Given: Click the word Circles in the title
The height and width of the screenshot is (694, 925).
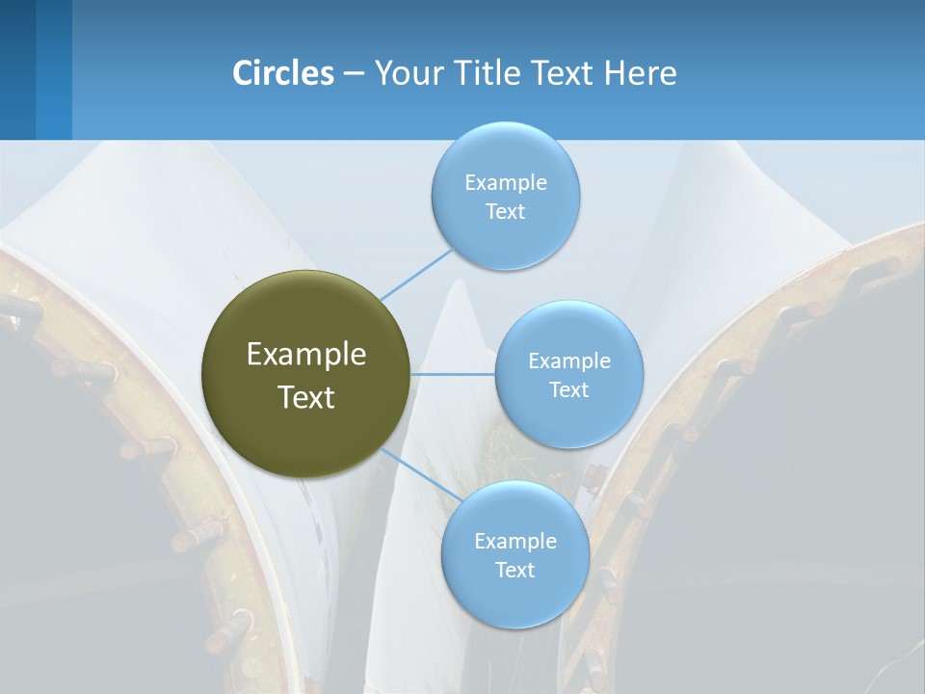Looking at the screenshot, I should pos(283,73).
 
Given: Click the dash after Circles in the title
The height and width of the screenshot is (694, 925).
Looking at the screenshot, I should pos(353,74).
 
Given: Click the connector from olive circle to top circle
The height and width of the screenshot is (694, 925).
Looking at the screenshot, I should pos(416,274).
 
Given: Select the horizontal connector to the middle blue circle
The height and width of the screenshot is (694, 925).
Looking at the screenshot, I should pos(453,374).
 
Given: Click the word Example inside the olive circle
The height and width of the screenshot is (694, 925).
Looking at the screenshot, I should pos(306,355).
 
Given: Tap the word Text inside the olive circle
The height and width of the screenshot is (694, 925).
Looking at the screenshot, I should pos(306,397).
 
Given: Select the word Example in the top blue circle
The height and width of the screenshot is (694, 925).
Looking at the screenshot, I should pos(506,183).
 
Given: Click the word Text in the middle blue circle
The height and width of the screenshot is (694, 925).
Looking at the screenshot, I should pos(568,389).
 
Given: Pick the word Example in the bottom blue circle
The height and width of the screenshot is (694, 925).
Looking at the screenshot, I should pos(515,541).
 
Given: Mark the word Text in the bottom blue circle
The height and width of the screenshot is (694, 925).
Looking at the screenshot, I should pos(515,570).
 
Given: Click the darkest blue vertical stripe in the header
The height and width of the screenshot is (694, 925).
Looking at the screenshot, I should pos(17,69).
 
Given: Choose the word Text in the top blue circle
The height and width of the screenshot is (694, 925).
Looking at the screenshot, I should pos(505,211).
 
